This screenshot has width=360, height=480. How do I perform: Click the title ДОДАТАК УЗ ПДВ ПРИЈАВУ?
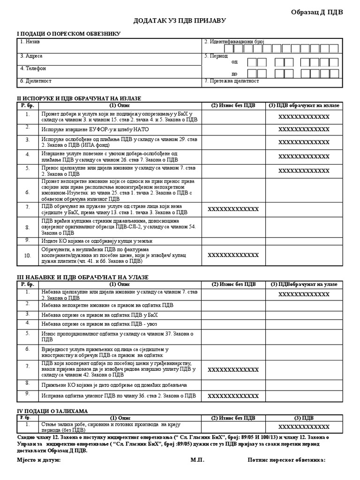[180, 22]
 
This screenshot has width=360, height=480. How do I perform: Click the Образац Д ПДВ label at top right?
[317, 12]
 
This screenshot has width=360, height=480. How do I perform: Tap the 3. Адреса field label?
[31, 56]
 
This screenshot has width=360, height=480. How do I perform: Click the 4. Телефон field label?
[33, 68]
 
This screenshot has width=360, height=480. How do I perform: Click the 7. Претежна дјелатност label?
[232, 81]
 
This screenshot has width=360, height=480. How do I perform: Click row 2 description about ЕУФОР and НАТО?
[87, 129]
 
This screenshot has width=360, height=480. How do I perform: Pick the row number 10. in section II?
[28, 255]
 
